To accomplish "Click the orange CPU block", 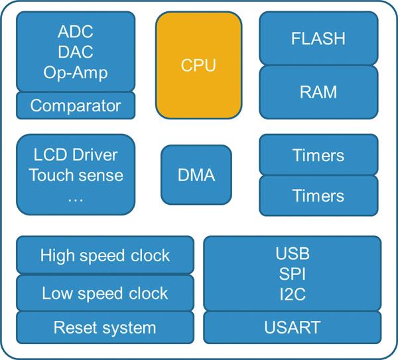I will [x=198, y=66].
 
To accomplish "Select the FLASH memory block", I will [x=318, y=38].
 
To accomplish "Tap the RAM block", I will [x=318, y=91].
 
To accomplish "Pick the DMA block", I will [x=196, y=175].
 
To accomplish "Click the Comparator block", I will [x=76, y=105].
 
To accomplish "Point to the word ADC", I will [x=76, y=32].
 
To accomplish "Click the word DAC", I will [x=76, y=52].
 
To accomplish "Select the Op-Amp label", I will [x=76, y=72].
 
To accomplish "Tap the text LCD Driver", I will [x=76, y=155].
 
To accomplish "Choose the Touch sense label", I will [x=76, y=175].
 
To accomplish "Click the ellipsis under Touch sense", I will [x=76, y=197].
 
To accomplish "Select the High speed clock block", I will [x=105, y=255].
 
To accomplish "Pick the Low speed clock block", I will [x=105, y=293].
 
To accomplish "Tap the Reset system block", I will [x=105, y=327].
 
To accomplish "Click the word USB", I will [x=293, y=253].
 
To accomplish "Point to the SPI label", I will [x=293, y=273].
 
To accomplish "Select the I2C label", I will [x=293, y=294].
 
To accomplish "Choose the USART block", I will [x=293, y=326].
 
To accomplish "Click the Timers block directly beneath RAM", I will [x=318, y=155].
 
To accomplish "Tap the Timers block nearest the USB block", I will [x=318, y=196].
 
